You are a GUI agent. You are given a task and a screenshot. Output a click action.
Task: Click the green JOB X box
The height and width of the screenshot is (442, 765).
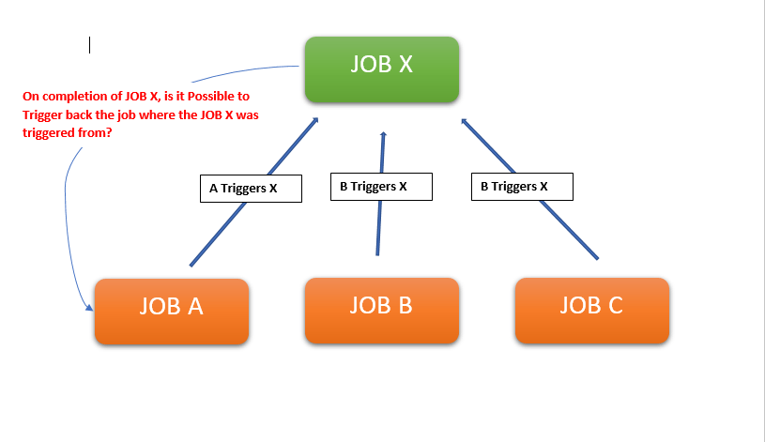click(381, 69)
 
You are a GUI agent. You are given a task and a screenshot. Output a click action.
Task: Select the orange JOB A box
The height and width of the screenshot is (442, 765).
click(172, 311)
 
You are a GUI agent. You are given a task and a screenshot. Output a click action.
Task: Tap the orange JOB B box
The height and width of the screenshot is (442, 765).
click(381, 310)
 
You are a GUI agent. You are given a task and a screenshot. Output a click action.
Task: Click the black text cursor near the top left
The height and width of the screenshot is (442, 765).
click(90, 45)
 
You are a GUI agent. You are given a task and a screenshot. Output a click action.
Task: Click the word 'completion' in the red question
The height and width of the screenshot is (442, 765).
click(71, 97)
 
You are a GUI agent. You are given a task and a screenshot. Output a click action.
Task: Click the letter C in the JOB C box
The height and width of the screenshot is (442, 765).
click(614, 305)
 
